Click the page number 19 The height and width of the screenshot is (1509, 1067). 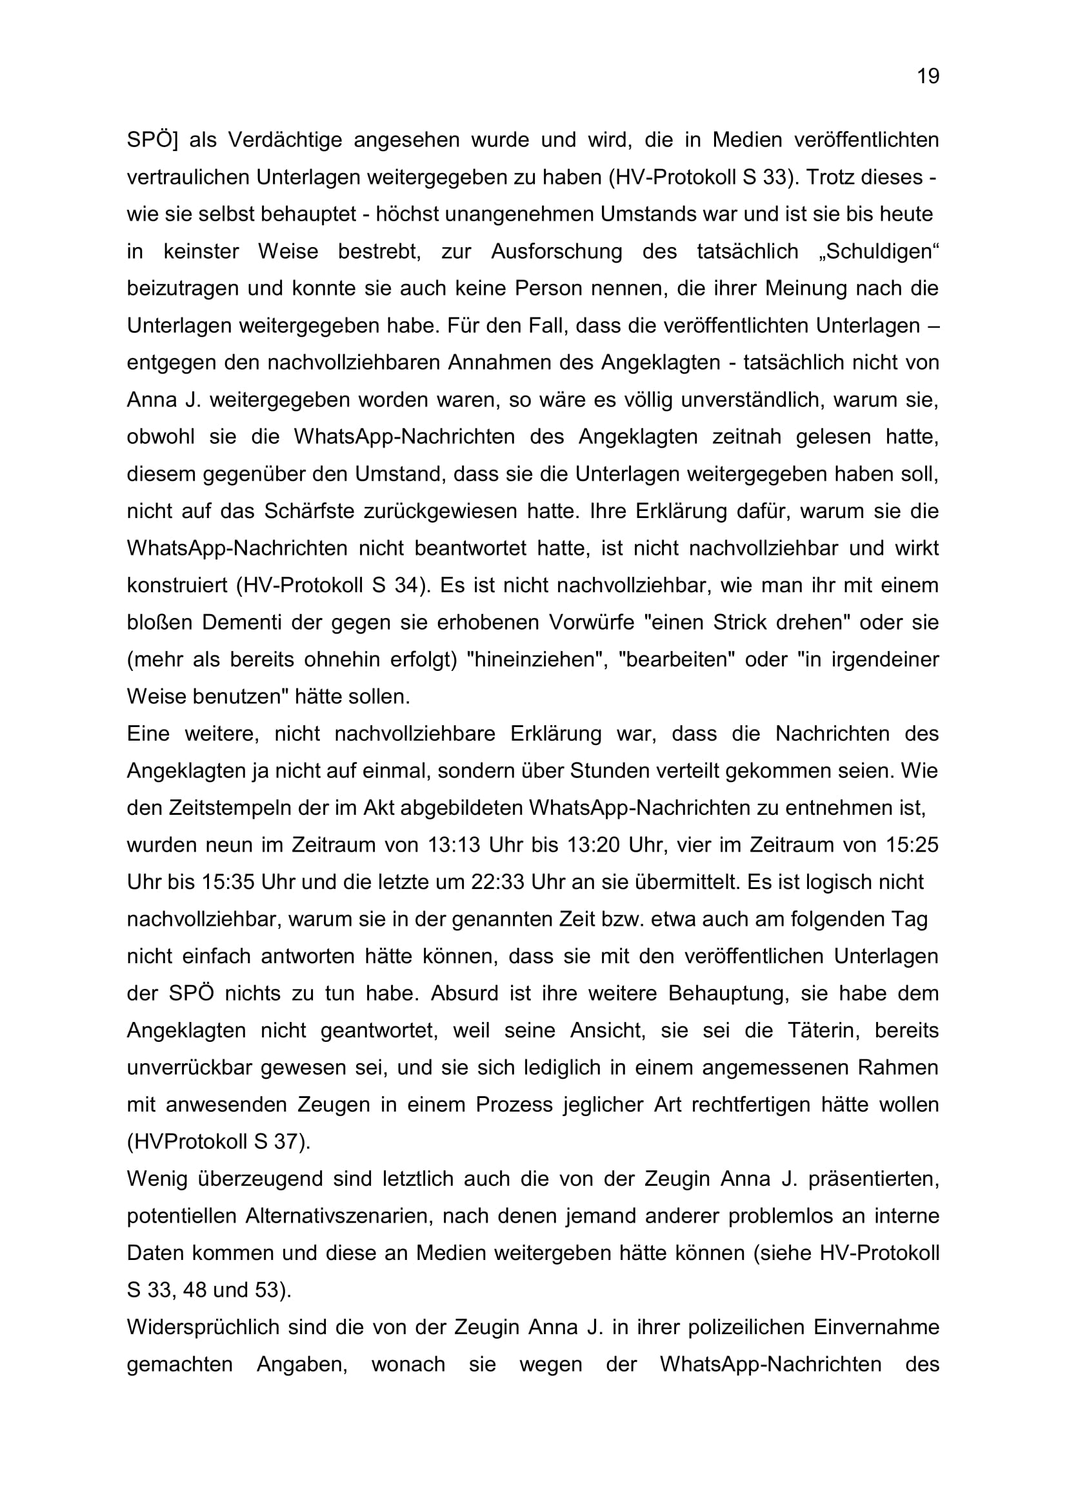[x=928, y=77]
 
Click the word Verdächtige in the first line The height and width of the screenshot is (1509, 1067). [x=284, y=140]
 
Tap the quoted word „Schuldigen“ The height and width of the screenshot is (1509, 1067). [x=879, y=251]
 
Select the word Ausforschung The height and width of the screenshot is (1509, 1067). [x=557, y=251]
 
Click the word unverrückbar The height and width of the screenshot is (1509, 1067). [x=190, y=1067]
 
